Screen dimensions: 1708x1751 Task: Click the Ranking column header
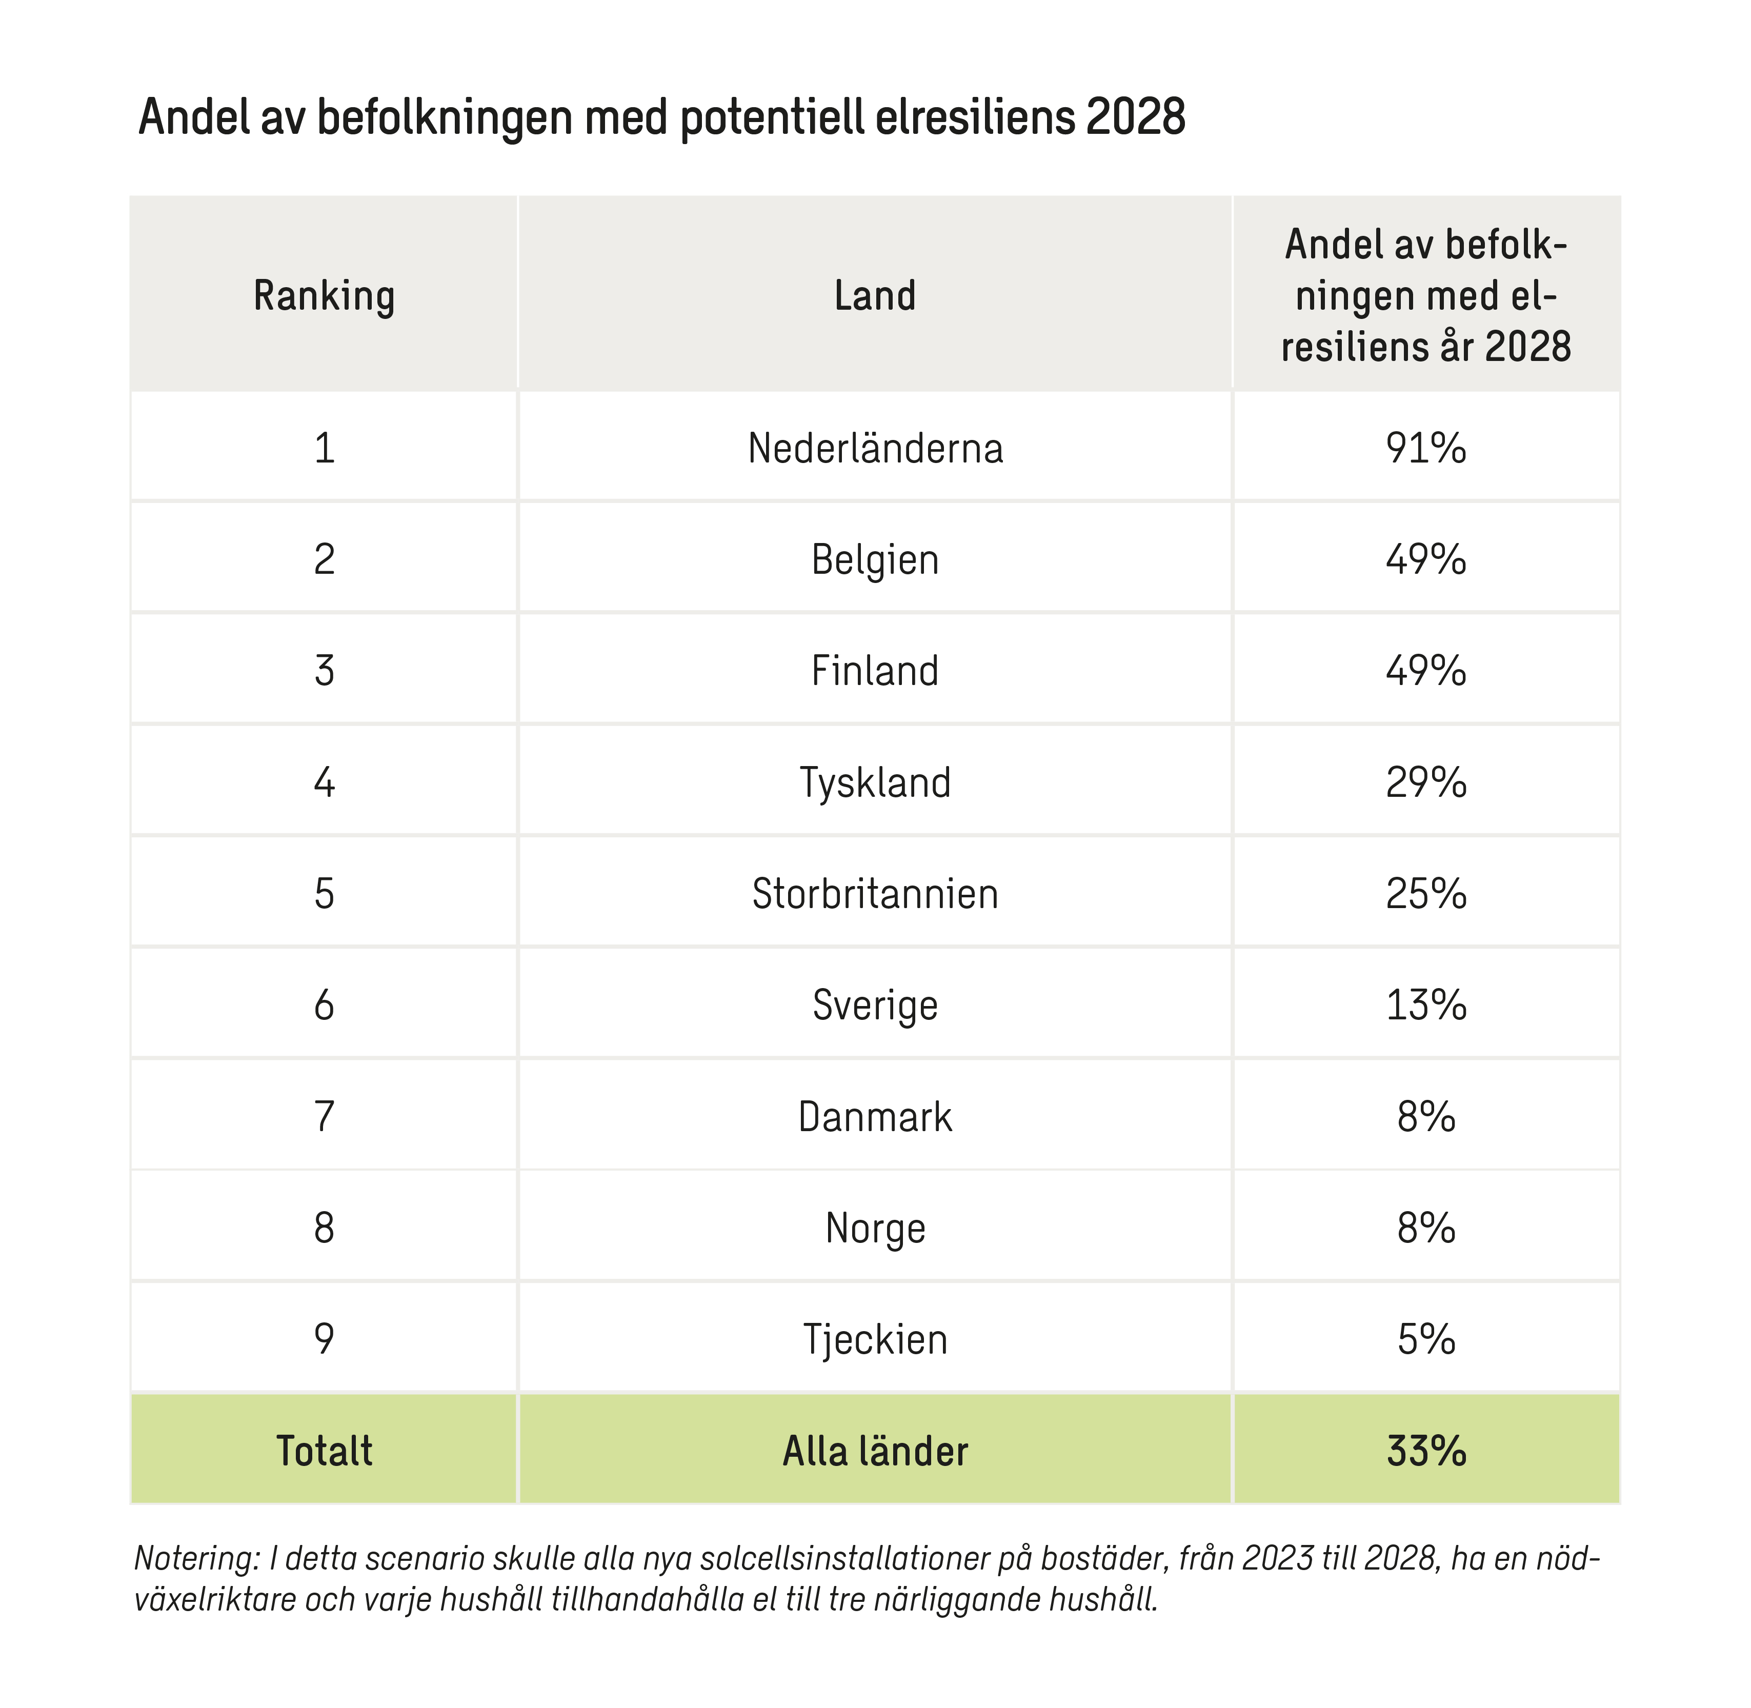[324, 296]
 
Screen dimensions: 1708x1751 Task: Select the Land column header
[875, 296]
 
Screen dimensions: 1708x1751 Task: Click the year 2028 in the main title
[1135, 117]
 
